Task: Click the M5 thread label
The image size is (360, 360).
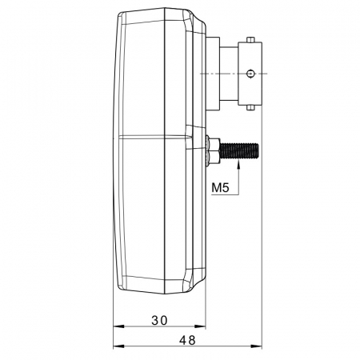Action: pyautogui.click(x=220, y=187)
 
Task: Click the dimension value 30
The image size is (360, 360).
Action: pyautogui.click(x=159, y=320)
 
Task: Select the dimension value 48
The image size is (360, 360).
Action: pyautogui.click(x=187, y=340)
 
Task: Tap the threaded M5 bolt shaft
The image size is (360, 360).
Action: pyautogui.click(x=239, y=150)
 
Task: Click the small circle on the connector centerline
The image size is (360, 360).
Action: pyautogui.click(x=250, y=74)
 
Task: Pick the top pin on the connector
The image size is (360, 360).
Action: pyautogui.click(x=250, y=40)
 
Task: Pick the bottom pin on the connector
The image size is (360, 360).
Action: pyautogui.click(x=250, y=107)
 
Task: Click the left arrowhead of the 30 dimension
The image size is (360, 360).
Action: pyautogui.click(x=119, y=326)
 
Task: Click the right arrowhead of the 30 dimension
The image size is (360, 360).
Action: pyautogui.click(x=200, y=326)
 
